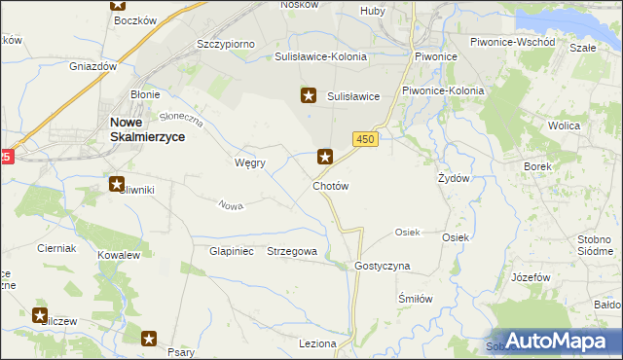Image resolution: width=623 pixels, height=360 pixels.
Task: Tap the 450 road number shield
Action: tap(365, 140)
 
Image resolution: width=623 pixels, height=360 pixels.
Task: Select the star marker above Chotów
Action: tap(326, 155)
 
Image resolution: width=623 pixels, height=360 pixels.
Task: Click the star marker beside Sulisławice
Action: tap(309, 95)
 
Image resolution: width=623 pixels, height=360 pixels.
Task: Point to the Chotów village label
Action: tap(330, 185)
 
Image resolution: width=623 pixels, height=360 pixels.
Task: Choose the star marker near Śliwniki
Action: tap(116, 183)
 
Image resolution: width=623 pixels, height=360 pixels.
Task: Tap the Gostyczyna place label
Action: tap(383, 266)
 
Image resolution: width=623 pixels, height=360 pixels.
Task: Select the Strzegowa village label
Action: tap(292, 251)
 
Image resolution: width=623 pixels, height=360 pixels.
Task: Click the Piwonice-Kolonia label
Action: tap(443, 90)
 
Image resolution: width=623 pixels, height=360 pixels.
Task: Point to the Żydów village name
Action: tap(454, 179)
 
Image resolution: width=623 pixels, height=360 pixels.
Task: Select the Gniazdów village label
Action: tap(93, 66)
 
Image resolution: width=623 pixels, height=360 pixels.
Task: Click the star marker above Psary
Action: tap(150, 338)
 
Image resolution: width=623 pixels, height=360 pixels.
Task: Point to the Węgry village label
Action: tap(250, 162)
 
